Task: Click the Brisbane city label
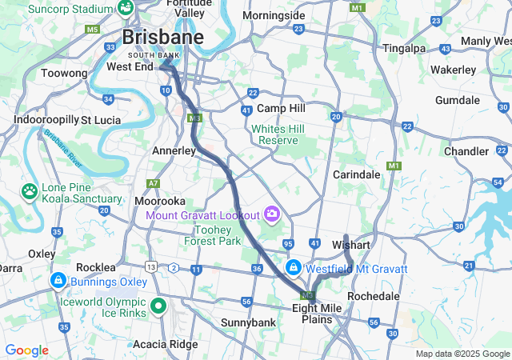tap(162, 38)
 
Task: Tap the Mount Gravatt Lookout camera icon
tap(273, 214)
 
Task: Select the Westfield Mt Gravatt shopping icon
tap(294, 266)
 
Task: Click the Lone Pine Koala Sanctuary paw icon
tap(30, 191)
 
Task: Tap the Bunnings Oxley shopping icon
tap(59, 282)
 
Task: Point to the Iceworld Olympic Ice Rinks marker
tap(158, 305)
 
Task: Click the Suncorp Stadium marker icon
tap(126, 7)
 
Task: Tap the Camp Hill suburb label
tap(281, 108)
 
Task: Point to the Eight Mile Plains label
tap(317, 313)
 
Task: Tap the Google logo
tap(26, 350)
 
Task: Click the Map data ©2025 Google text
tap(462, 354)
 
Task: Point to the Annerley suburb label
tap(174, 150)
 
